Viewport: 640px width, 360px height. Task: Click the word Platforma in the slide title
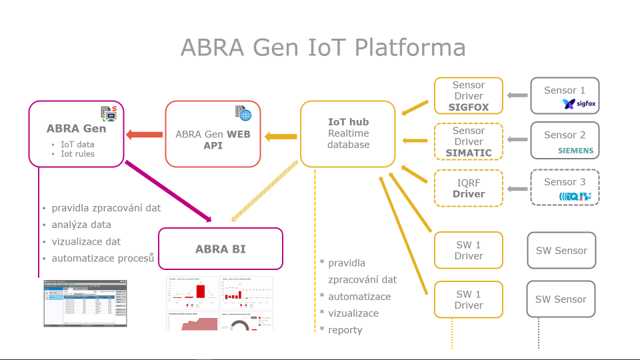[x=410, y=48]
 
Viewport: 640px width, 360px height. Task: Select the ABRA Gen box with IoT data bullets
[x=76, y=133]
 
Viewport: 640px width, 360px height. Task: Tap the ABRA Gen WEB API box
[x=213, y=133]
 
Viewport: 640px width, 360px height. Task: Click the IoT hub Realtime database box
[x=347, y=133]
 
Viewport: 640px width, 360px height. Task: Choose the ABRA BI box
[x=220, y=249]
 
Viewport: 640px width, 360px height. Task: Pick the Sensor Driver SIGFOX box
[x=469, y=96]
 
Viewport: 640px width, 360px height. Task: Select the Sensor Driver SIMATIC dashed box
[x=469, y=142]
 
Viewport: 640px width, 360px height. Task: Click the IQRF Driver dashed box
[x=469, y=188]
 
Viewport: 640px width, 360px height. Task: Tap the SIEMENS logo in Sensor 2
[x=575, y=151]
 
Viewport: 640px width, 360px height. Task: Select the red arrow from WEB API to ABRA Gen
[x=145, y=134]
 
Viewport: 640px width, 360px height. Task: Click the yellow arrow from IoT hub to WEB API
[x=281, y=137]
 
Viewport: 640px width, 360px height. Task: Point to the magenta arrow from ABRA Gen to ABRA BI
[x=168, y=191]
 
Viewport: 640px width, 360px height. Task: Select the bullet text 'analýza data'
[x=81, y=225]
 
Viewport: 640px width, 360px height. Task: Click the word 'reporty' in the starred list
[x=345, y=330]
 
